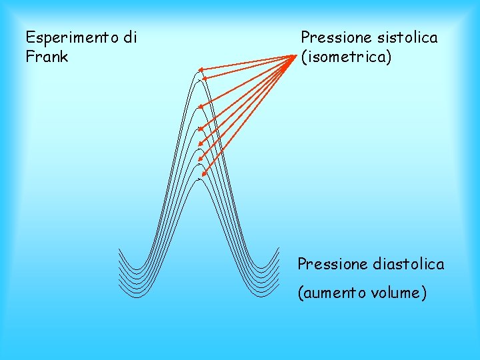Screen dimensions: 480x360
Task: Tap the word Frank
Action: [47, 57]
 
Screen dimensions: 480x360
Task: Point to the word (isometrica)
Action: [347, 57]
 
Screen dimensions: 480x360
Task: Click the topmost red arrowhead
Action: [199, 69]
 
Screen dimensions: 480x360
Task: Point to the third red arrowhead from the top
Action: [201, 105]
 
